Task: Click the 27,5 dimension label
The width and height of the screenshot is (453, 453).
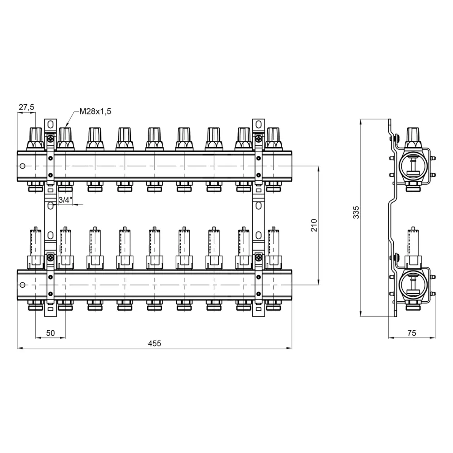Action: [26, 107]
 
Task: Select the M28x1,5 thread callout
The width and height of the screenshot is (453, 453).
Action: [95, 111]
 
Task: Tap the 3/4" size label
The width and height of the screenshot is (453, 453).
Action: [65, 200]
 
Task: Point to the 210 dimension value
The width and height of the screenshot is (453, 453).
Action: [314, 225]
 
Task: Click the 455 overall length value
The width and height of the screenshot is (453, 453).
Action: [154, 343]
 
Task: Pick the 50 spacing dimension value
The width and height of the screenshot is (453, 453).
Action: [50, 333]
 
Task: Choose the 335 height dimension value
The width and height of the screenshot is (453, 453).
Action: [356, 212]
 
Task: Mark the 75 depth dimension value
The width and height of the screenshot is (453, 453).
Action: [412, 333]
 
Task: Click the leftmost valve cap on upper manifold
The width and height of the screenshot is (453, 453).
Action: [35, 139]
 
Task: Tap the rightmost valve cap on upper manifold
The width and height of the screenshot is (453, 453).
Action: [273, 139]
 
